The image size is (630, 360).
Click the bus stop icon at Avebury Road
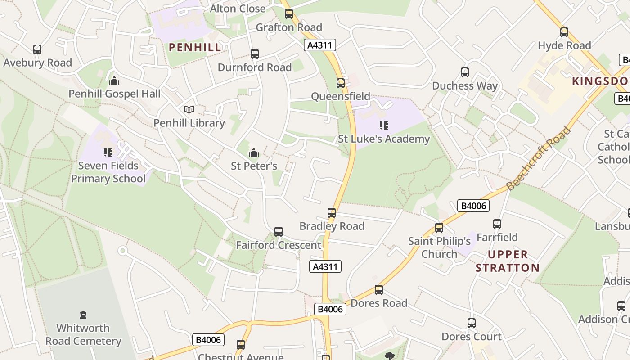pyautogui.click(x=37, y=49)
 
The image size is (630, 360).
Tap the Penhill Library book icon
pyautogui.click(x=189, y=109)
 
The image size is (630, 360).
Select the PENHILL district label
pyautogui.click(x=195, y=47)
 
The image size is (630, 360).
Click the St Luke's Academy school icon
pyautogui.click(x=383, y=126)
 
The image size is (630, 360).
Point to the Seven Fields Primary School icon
pyautogui.click(x=108, y=153)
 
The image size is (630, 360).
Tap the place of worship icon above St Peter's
pyautogui.click(x=254, y=153)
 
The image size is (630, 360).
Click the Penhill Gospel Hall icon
pyautogui.click(x=114, y=81)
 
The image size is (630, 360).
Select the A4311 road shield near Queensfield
pyautogui.click(x=320, y=45)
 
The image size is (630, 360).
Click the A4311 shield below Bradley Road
pyautogui.click(x=326, y=266)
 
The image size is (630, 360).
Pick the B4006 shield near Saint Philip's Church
pyautogui.click(x=473, y=206)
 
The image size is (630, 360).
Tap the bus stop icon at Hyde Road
pyautogui.click(x=564, y=32)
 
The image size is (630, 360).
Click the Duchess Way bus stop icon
pyautogui.click(x=465, y=72)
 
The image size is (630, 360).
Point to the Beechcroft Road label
pyautogui.click(x=538, y=158)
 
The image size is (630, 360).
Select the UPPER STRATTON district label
pyautogui.click(x=508, y=261)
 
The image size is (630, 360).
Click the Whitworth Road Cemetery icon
pyautogui.click(x=83, y=315)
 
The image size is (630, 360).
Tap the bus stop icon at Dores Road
pyautogui.click(x=379, y=290)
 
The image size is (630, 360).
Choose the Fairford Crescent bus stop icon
pyautogui.click(x=279, y=232)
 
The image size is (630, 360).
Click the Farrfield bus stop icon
pyautogui.click(x=497, y=224)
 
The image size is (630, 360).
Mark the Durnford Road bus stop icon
pyautogui.click(x=255, y=54)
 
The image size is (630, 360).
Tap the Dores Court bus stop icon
pyautogui.click(x=471, y=323)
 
